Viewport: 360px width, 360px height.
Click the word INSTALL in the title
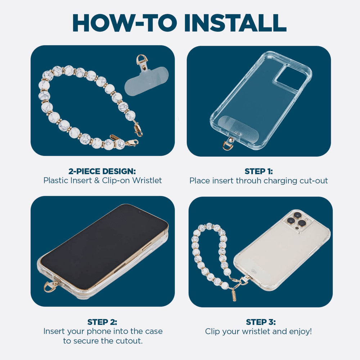pyautogui.click(x=235, y=23)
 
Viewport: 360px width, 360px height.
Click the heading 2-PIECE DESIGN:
pyautogui.click(x=102, y=171)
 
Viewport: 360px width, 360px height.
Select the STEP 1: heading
pyautogui.click(x=259, y=171)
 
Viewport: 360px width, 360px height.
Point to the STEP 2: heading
pyautogui.click(x=102, y=322)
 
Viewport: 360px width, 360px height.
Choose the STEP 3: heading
pyautogui.click(x=261, y=322)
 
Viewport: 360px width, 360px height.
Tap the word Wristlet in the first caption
pyautogui.click(x=147, y=180)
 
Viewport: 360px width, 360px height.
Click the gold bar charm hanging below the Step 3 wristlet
pyautogui.click(x=234, y=295)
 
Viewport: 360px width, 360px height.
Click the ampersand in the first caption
pyautogui.click(x=97, y=181)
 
